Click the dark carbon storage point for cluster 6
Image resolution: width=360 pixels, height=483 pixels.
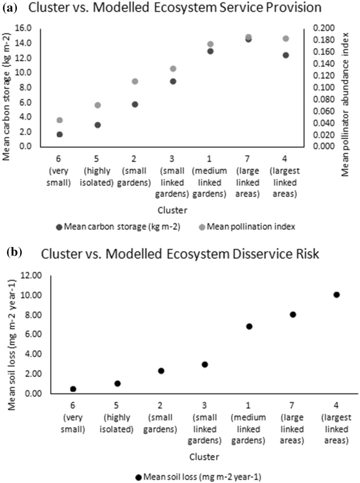point(60,135)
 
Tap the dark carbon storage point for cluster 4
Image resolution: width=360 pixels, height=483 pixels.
point(286,55)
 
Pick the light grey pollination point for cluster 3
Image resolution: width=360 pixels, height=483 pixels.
point(173,69)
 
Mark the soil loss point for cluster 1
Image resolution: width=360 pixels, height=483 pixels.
point(249,327)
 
